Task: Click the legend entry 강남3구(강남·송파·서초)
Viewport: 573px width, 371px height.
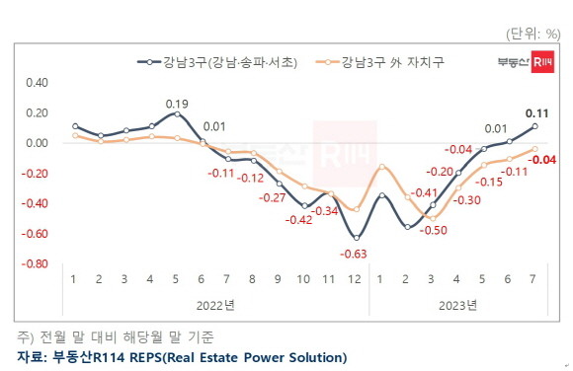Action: tap(221, 61)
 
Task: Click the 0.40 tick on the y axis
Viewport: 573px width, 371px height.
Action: tap(35, 82)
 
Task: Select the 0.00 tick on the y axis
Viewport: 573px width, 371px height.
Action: tap(35, 143)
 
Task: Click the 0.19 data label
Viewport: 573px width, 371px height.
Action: tap(177, 103)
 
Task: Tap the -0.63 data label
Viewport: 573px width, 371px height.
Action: tap(356, 256)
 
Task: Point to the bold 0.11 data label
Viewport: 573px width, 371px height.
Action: tap(537, 112)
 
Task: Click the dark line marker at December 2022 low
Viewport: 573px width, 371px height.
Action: tap(356, 238)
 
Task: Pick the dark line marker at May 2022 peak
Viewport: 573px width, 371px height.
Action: tap(177, 113)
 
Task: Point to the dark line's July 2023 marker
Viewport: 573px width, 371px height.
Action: tap(534, 126)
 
